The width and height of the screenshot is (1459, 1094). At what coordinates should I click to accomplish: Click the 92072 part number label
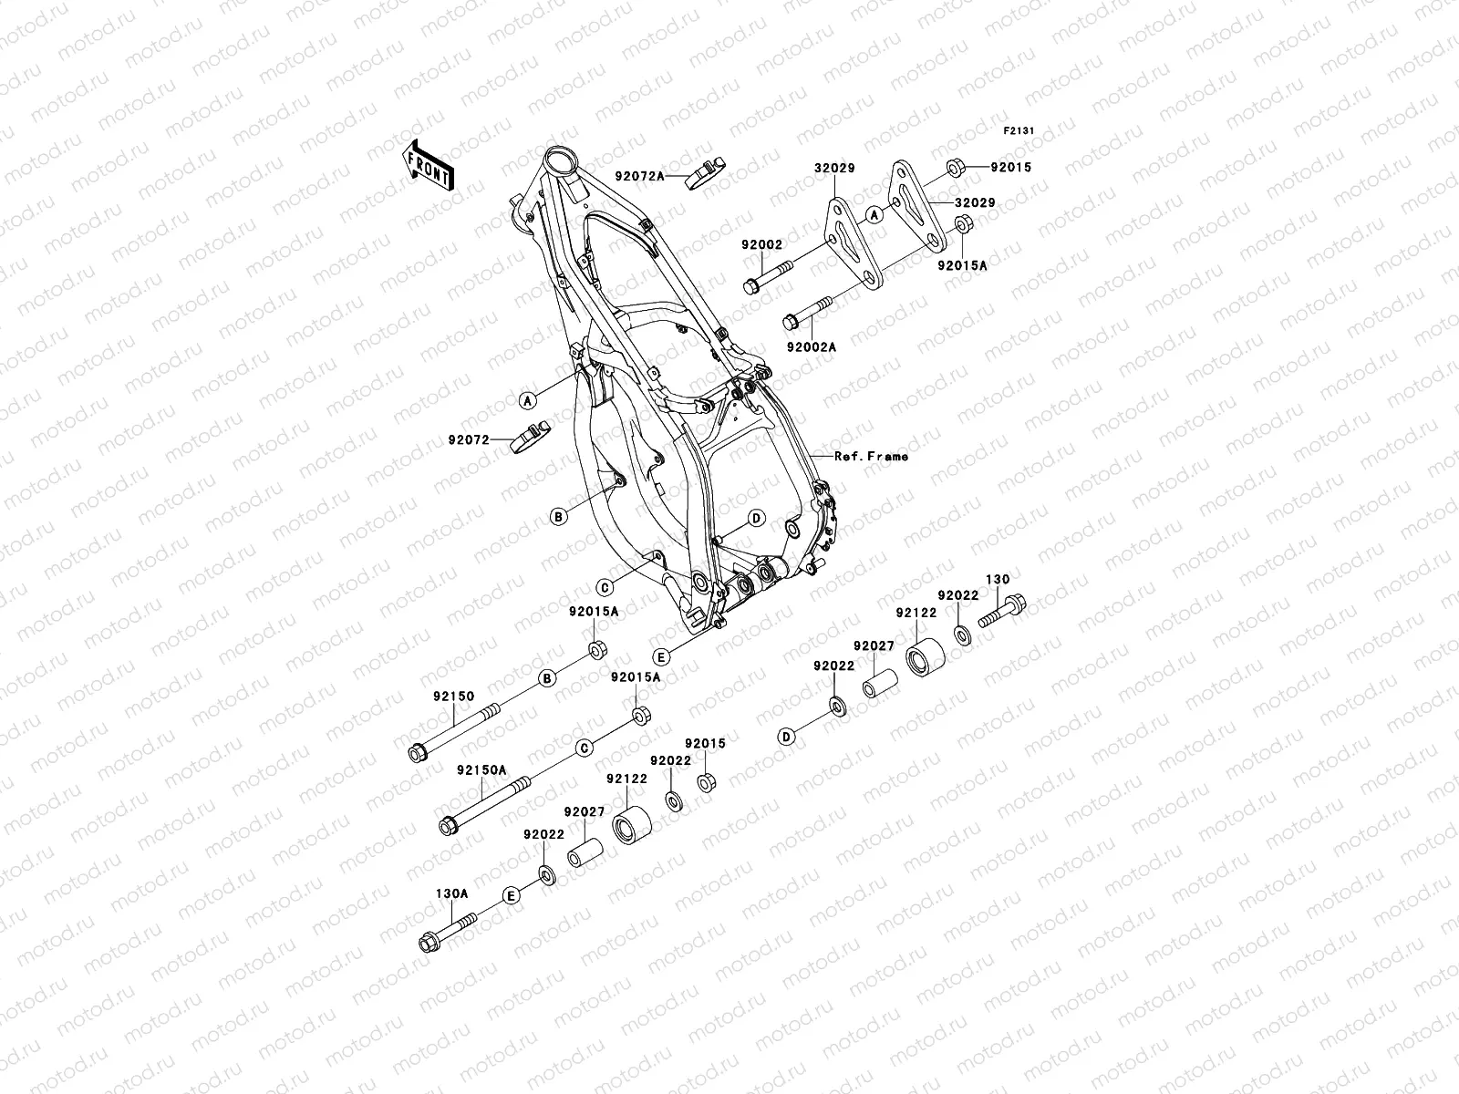[469, 439]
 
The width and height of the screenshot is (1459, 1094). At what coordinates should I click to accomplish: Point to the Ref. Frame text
[872, 456]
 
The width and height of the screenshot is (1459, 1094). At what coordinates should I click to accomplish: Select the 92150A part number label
[481, 769]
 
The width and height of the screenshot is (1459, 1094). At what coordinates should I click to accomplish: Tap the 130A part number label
[450, 894]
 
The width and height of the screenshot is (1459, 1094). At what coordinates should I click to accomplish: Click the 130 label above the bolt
[998, 579]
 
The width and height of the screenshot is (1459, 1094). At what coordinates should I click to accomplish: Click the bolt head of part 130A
[428, 943]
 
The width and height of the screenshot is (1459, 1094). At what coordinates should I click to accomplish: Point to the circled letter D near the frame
[756, 519]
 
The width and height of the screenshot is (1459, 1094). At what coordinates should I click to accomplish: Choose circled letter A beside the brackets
[874, 215]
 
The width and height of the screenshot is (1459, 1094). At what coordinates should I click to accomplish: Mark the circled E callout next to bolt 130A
[512, 895]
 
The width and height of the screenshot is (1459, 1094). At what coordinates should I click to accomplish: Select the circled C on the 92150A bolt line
[585, 748]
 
